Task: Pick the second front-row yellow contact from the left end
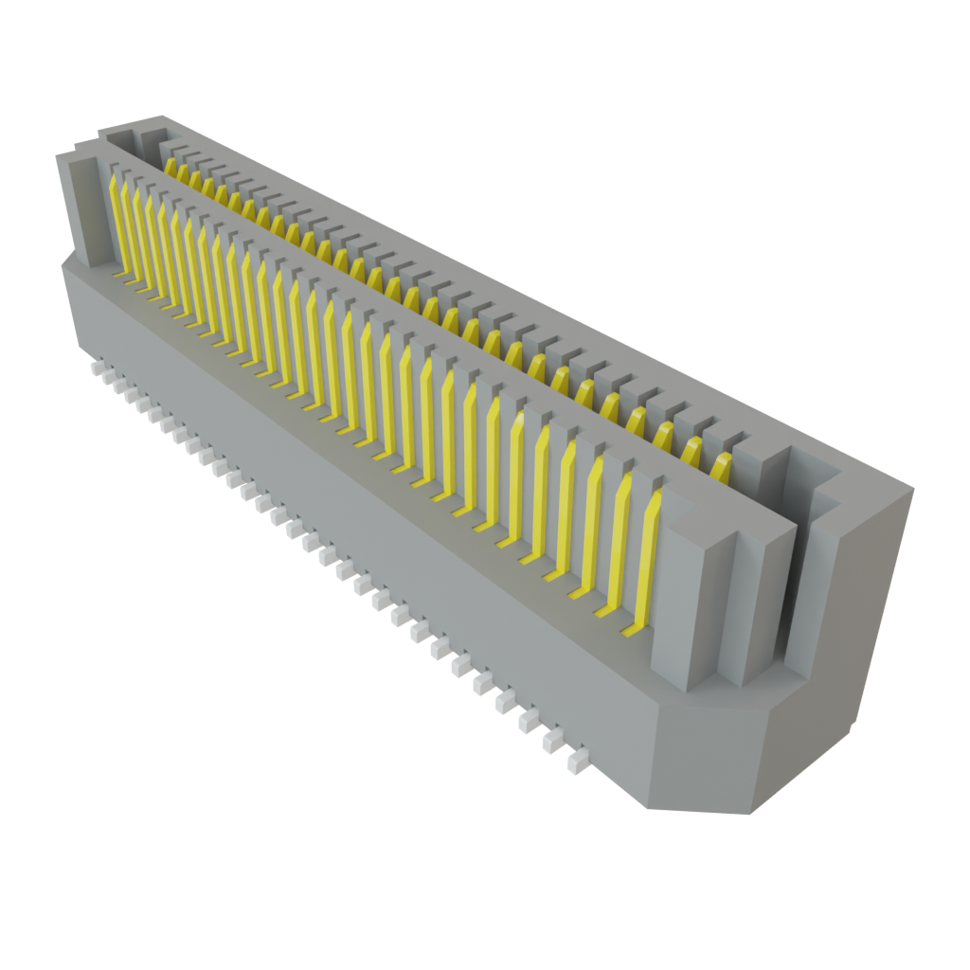click(x=129, y=227)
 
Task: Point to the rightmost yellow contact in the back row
click(x=722, y=466)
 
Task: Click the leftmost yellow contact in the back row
click(x=171, y=169)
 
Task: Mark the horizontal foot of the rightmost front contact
click(x=633, y=628)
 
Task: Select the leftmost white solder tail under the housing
click(x=95, y=364)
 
